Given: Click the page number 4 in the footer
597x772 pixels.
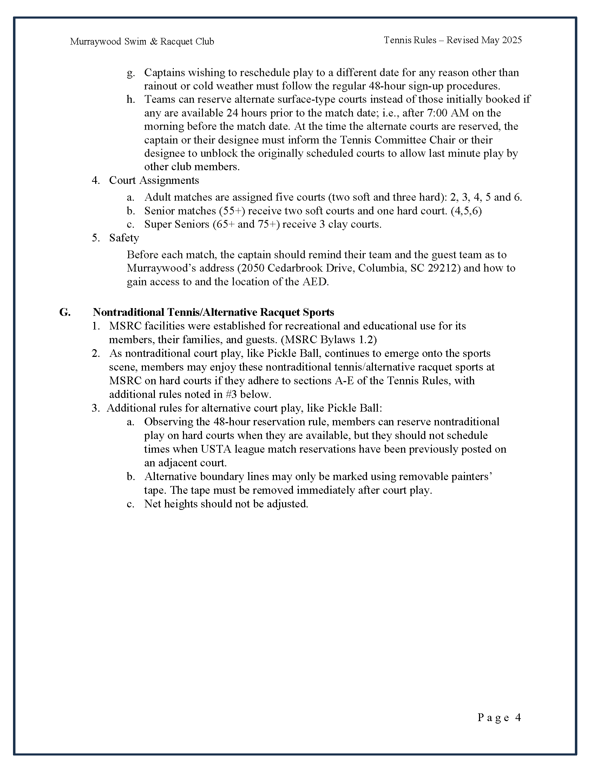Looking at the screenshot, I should pyautogui.click(x=518, y=717).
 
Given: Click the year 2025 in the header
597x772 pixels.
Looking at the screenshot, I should pyautogui.click(x=512, y=40).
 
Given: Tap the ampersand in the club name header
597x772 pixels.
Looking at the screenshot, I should pyautogui.click(x=153, y=42).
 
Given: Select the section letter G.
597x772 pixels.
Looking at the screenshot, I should pyautogui.click(x=65, y=312).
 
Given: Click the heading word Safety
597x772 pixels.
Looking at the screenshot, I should pyautogui.click(x=124, y=238).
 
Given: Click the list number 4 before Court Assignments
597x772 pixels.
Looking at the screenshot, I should pyautogui.click(x=96, y=180).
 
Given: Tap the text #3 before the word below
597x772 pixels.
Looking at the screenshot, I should pyautogui.click(x=231, y=394).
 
